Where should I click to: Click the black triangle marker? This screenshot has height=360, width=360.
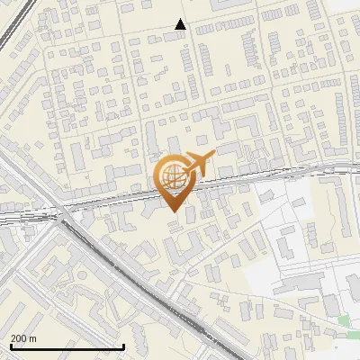coord(181,25)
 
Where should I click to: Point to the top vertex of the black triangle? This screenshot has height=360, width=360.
coord(181,20)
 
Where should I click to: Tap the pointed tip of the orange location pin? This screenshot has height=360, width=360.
coord(171,211)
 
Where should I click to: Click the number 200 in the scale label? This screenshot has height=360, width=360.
coord(20,338)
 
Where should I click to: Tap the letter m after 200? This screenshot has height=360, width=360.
coord(33,338)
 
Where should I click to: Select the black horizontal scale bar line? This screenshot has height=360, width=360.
coord(67,347)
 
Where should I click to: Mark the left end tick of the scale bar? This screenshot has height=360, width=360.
coord(11,346)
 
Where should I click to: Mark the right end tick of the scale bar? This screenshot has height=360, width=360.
coord(122,346)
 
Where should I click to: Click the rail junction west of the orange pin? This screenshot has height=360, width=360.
coord(61,212)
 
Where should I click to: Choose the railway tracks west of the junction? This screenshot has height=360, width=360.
coord(22,216)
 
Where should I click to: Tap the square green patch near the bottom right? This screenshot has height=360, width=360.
coord(342,320)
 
